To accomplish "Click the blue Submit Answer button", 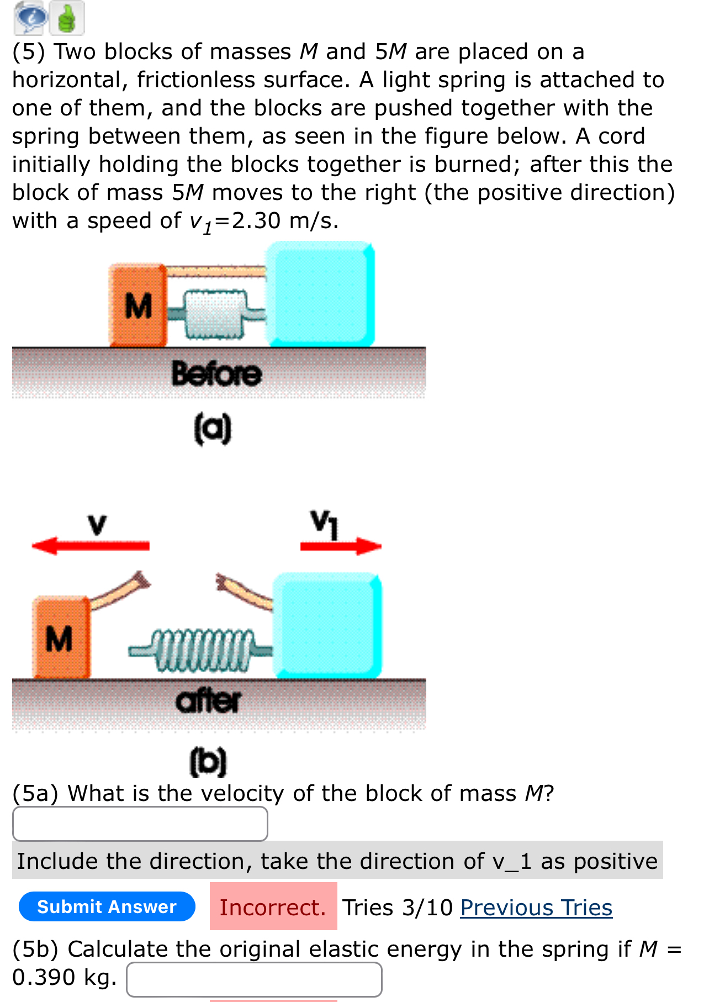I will pos(107,906).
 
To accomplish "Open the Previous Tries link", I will pos(536,908).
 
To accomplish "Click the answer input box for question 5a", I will pos(140,824).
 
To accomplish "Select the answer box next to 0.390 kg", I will pos(254,979).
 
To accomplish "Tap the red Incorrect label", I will pos(273,906).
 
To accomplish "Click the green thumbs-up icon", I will pos(67,18).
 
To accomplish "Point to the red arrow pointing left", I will pos(91,546).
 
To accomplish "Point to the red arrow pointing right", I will pos(341,546).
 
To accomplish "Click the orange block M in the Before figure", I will pos(138,306).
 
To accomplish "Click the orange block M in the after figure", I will pos(60,638).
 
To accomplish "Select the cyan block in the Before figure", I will pos(320,294).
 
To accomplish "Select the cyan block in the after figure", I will pos(327,625).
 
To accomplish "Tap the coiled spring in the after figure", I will pos(202,650).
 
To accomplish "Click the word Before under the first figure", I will pos(216,374).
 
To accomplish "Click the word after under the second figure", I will pos(208,702).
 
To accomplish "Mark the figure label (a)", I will pos(213,429).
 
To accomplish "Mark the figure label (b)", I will pos(208,761).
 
